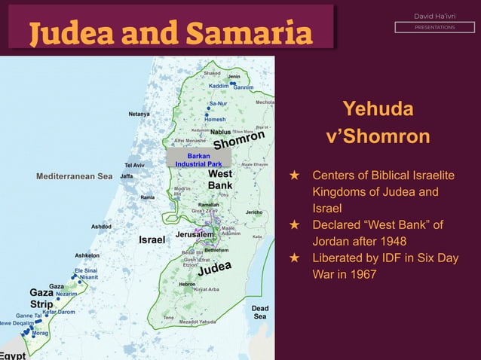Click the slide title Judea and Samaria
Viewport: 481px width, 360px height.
coord(170,33)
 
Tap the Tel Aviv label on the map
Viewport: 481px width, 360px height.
coord(134,166)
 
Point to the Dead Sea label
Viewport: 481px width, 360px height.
coord(259,313)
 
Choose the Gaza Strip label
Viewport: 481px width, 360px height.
coord(41,298)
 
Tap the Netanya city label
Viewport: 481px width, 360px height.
coord(139,114)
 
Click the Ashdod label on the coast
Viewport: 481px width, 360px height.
coord(102,226)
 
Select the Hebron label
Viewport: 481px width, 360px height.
coord(187,284)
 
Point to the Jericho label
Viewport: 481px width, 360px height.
coord(254,212)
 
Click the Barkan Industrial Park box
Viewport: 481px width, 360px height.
coord(194,160)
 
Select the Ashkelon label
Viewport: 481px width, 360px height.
coord(87,255)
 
